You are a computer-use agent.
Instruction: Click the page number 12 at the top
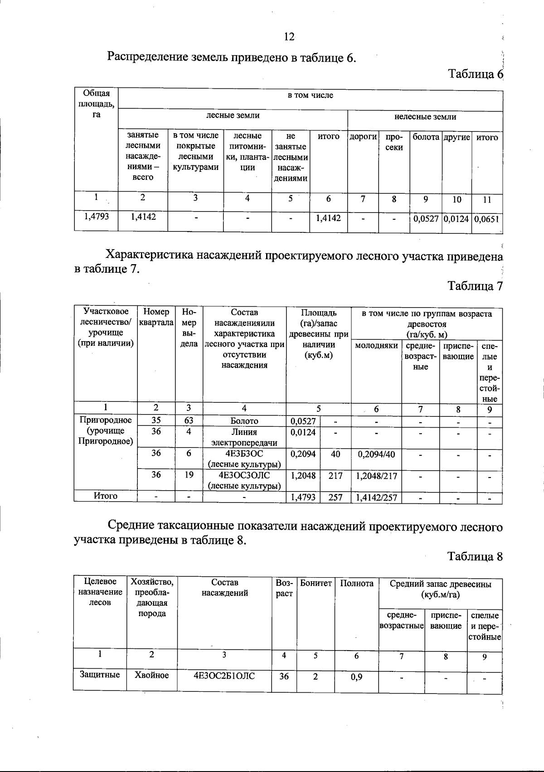coord(289,37)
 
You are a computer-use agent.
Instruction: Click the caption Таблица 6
coord(475,74)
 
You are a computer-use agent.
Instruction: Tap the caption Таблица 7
coord(475,286)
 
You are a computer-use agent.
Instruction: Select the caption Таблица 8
coord(475,556)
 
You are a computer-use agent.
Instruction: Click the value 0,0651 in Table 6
coord(487,219)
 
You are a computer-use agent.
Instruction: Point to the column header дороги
coord(363,137)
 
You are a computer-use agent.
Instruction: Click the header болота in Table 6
coord(426,137)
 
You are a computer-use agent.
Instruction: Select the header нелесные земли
coord(425,117)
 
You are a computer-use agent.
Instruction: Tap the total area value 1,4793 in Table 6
coord(97,217)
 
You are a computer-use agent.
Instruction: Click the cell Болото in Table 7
coord(244,421)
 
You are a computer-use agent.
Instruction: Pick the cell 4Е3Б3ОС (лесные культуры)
coord(244,458)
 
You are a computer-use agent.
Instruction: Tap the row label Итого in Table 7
coord(106,496)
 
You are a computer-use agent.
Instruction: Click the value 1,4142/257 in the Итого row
coord(376,498)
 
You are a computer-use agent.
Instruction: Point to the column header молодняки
coord(376,346)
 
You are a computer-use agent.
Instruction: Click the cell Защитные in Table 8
coord(100,675)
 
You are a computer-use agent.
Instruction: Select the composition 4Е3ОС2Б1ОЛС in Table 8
coord(224,676)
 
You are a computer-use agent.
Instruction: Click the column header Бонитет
coord(316,584)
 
